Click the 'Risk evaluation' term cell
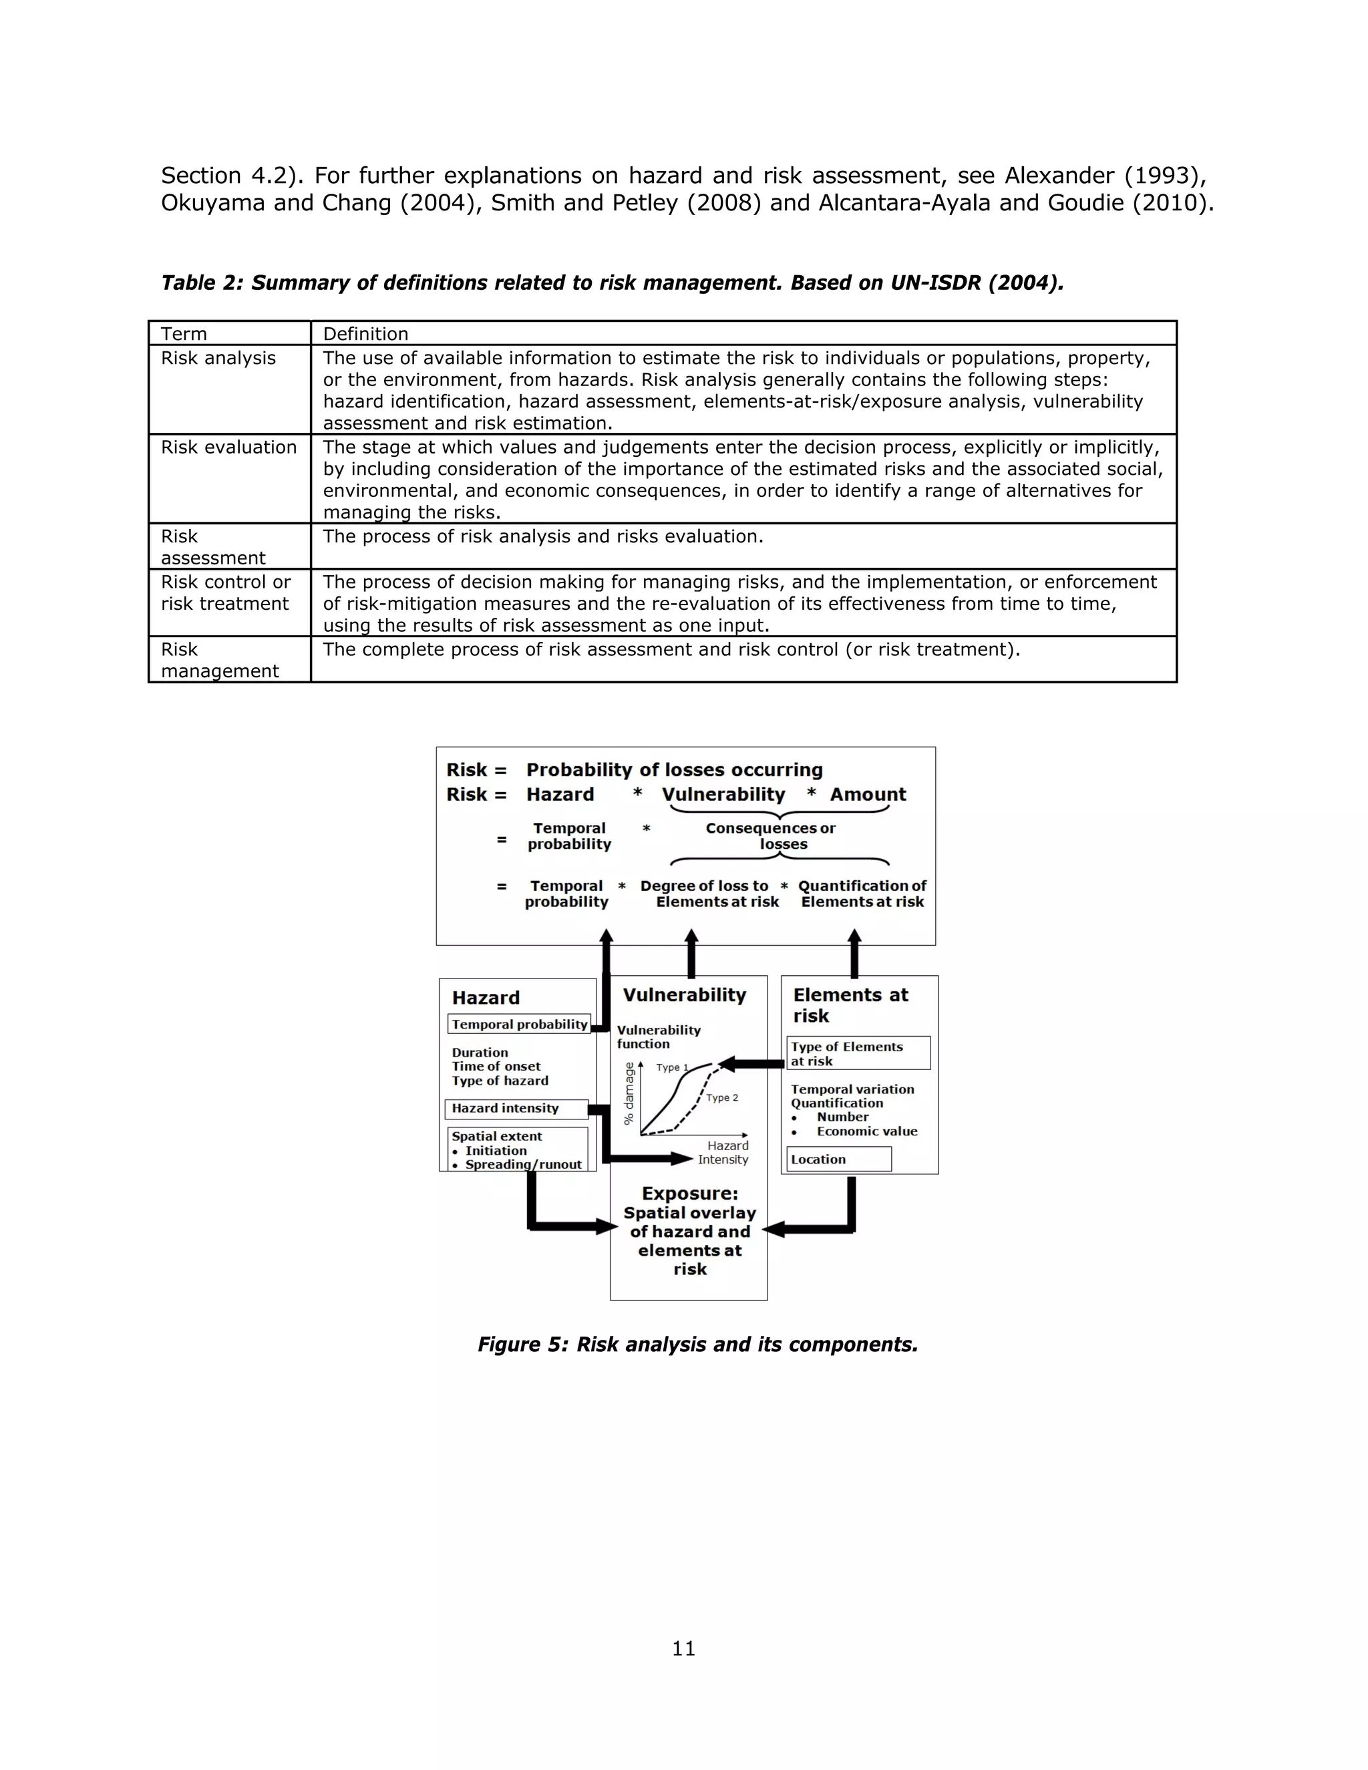point(228,448)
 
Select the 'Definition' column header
point(365,334)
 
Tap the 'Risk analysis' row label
point(218,358)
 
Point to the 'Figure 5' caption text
point(697,1345)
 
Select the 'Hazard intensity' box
point(516,1109)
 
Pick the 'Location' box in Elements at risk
point(838,1159)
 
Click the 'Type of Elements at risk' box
point(858,1053)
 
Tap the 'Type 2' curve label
point(721,1097)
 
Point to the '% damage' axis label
point(629,1094)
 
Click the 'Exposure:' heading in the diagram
point(689,1194)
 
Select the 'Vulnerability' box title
point(684,995)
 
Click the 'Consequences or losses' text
point(771,836)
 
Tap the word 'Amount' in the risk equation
point(867,794)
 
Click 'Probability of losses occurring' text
point(674,770)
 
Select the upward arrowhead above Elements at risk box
point(854,938)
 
